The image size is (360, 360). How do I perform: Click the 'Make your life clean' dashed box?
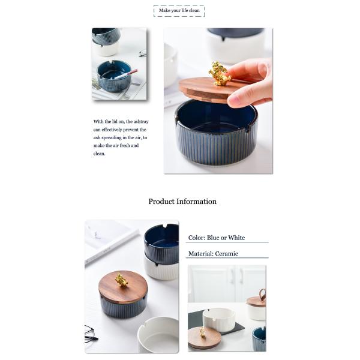pos(179,11)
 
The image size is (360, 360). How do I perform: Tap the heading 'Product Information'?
pos(182,202)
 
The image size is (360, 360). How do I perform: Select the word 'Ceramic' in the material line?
pos(227,254)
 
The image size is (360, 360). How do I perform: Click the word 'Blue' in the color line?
pos(213,238)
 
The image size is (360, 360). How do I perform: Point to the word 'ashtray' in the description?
pos(141,122)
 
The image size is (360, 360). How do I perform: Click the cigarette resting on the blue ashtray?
pos(126,74)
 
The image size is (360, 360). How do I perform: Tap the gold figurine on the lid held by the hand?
pos(219,73)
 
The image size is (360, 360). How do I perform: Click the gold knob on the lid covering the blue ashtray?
pos(121,280)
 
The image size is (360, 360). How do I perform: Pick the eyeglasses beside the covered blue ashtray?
pos(91,334)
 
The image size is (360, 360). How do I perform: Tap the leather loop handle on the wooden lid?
pos(262,295)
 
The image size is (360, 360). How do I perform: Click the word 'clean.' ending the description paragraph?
pos(100,154)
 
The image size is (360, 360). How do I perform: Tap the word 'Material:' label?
pos(201,254)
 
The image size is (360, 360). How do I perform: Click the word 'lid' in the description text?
pos(115,122)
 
